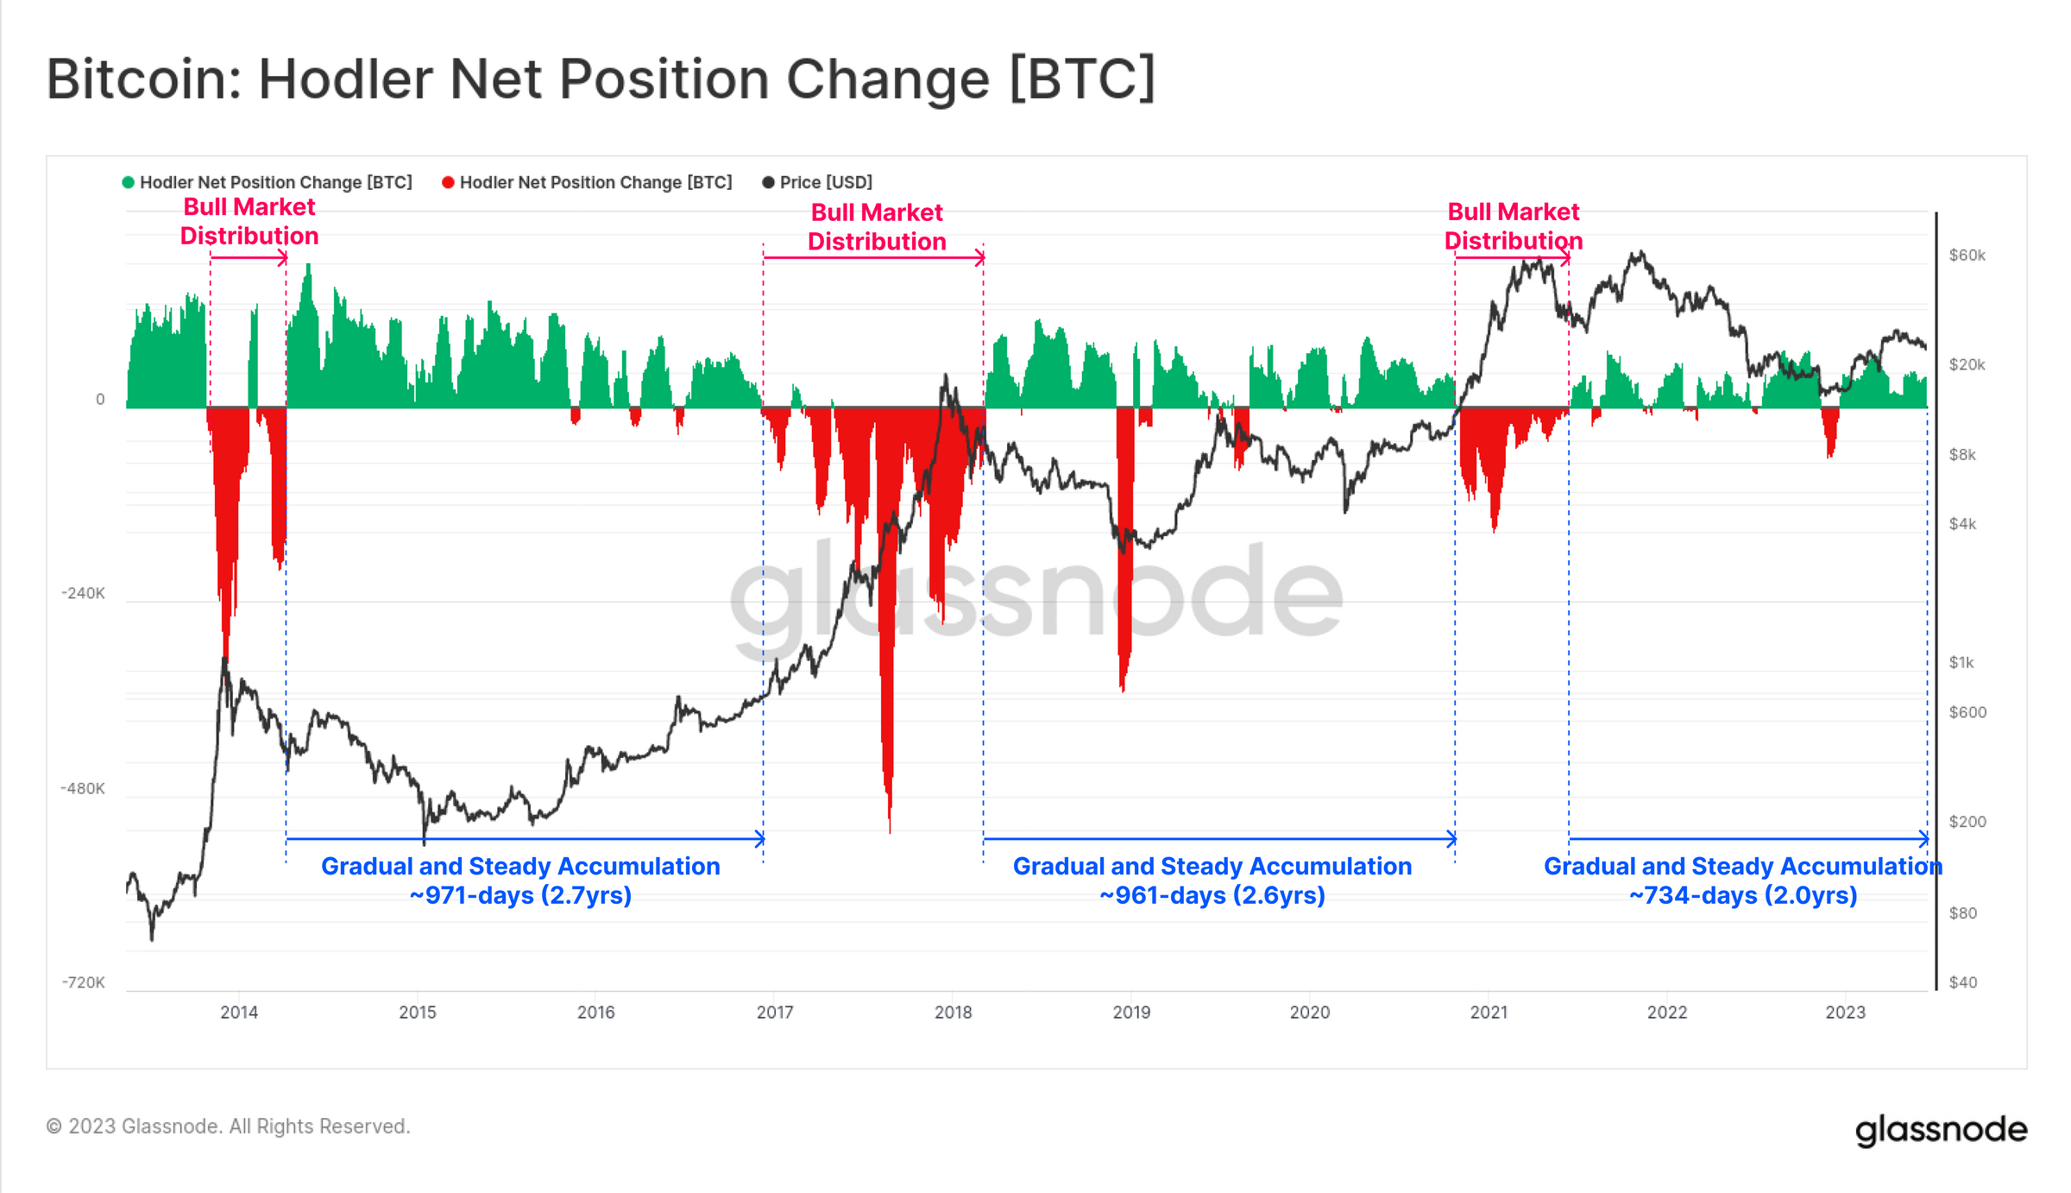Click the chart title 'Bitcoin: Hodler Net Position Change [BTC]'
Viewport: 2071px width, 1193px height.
[x=600, y=79]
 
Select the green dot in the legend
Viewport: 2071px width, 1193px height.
[x=129, y=182]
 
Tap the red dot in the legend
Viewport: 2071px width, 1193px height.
[x=448, y=182]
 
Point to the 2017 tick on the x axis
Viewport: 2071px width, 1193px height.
[x=775, y=1012]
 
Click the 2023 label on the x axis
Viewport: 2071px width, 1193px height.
[x=1845, y=1012]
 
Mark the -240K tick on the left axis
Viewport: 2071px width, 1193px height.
[x=83, y=593]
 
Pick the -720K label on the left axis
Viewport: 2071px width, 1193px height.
[x=83, y=982]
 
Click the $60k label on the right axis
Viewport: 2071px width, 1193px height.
[x=1967, y=256]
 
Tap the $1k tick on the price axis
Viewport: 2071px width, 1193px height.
[x=1961, y=662]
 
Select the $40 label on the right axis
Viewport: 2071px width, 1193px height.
[x=1962, y=982]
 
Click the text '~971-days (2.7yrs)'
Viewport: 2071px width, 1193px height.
[x=520, y=895]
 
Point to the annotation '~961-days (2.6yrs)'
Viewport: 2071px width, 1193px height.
[x=1212, y=895]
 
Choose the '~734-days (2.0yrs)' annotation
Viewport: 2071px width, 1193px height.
[x=1742, y=895]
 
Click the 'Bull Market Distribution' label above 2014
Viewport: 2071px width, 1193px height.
[x=249, y=222]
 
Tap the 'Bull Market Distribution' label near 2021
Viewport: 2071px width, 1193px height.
[x=1513, y=226]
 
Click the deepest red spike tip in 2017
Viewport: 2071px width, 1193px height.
[x=890, y=830]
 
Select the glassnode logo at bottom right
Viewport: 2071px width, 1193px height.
[x=1941, y=1129]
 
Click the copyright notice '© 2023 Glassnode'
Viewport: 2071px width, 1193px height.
[x=228, y=1127]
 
